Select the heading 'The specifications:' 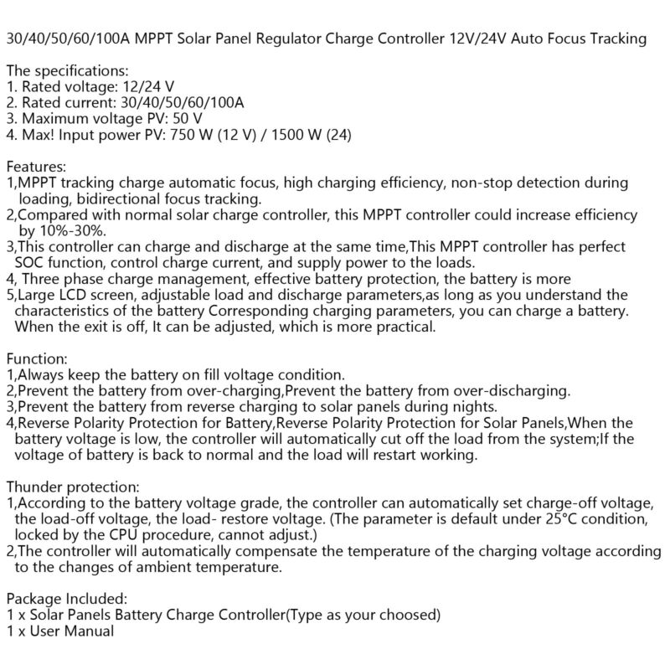67,70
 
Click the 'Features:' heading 36,167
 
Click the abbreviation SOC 32,262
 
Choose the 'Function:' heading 37,358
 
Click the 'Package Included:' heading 66,599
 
